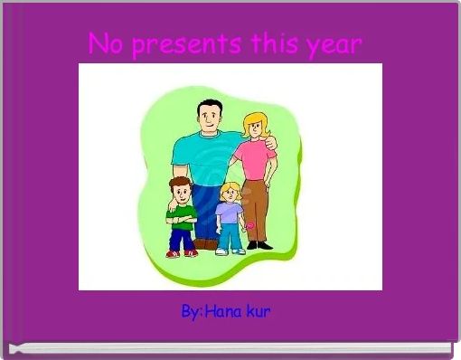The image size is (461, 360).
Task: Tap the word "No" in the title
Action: (x=107, y=43)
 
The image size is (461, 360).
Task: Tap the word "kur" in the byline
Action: (x=258, y=312)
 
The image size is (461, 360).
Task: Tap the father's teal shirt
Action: (x=203, y=156)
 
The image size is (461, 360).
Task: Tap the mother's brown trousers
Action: (x=258, y=204)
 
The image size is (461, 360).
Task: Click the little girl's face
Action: (x=230, y=194)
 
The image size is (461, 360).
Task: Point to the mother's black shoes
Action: (x=259, y=244)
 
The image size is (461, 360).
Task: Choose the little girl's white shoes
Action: (x=229, y=251)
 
